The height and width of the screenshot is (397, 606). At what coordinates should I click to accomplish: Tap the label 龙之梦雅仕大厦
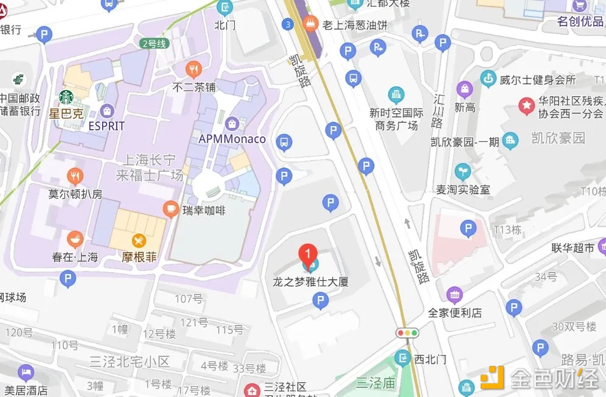click(310, 283)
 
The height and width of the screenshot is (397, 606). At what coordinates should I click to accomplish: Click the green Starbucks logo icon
click(66, 97)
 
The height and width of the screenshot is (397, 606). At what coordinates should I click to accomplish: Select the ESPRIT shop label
click(106, 126)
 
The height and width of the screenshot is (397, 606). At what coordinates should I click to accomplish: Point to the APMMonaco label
click(232, 139)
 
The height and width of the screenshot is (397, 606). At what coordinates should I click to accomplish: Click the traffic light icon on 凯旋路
click(408, 332)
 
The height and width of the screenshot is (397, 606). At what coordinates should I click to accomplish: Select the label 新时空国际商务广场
click(396, 119)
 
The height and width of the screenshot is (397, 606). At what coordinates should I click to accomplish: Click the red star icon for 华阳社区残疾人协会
click(525, 105)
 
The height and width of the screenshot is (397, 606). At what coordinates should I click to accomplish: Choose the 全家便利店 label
click(454, 312)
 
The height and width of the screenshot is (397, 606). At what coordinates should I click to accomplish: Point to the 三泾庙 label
click(376, 383)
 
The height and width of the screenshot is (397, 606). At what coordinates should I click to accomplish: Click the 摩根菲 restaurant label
click(139, 257)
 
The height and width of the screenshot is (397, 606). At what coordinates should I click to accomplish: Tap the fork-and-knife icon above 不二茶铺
click(194, 68)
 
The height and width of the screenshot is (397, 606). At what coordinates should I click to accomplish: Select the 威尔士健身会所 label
click(537, 79)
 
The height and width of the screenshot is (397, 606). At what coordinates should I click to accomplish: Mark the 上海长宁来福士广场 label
click(150, 167)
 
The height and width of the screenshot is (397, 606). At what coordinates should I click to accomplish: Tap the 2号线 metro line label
click(153, 43)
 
